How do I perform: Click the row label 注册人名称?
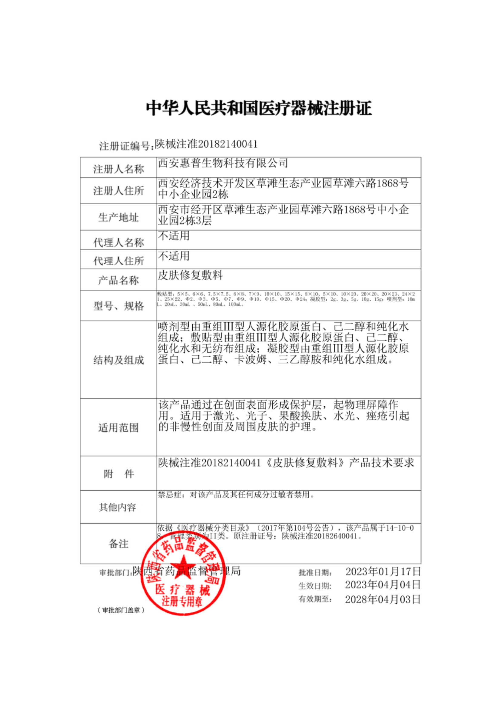[118, 169]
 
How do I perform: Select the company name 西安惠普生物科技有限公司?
[223, 163]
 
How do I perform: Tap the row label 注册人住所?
[118, 191]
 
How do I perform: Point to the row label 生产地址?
[118, 217]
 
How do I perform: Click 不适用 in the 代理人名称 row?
[174, 236]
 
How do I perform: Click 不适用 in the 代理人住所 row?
[174, 256]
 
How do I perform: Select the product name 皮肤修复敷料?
[190, 275]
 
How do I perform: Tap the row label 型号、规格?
[118, 306]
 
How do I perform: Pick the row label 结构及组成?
[118, 360]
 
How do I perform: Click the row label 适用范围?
[118, 428]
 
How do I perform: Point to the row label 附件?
[118, 474]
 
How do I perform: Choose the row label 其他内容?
[117, 507]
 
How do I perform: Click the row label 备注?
[118, 544]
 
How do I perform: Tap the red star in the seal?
[183, 567]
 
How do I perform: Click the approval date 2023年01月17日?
[383, 571]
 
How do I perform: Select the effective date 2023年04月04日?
[383, 585]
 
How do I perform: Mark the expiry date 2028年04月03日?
[383, 599]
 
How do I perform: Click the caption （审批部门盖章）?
[121, 610]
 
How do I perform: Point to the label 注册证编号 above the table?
[126, 146]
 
